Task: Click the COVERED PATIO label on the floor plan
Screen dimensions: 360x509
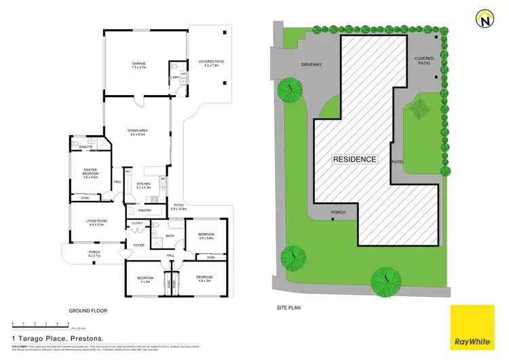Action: (211, 62)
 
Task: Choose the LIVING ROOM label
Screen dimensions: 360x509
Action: (94, 222)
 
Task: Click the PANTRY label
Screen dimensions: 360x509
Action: (144, 211)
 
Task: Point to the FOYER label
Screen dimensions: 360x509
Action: (138, 245)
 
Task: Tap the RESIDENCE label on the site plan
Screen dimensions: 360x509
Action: (354, 159)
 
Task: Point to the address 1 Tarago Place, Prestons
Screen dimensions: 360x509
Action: (57, 338)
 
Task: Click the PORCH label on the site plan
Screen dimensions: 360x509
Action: (337, 211)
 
